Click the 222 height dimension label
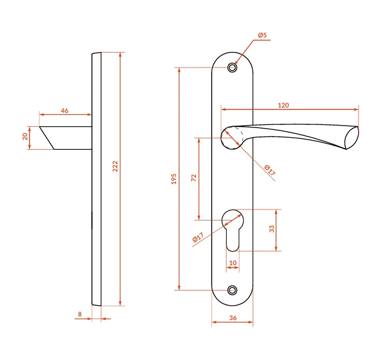(116, 166)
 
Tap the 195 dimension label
(174, 179)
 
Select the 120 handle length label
(283, 105)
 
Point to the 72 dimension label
(194, 178)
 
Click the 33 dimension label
(272, 229)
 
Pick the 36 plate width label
(233, 318)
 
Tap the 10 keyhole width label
(233, 263)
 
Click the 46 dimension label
(65, 111)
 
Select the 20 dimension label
(25, 137)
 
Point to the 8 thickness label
(80, 314)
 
